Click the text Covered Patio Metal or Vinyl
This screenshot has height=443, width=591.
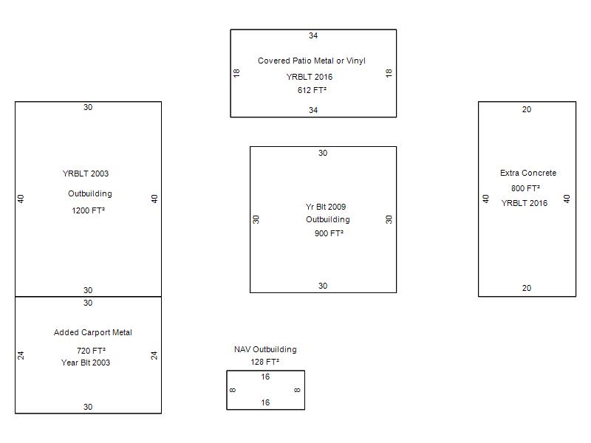click(311, 61)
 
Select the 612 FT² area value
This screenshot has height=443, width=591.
click(312, 90)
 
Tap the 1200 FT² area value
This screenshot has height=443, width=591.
click(88, 210)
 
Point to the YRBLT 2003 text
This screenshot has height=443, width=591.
click(86, 174)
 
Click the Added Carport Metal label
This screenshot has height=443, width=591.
click(93, 332)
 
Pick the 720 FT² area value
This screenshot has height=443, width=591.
click(91, 351)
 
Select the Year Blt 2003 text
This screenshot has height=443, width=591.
click(86, 363)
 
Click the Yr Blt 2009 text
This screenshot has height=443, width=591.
click(326, 207)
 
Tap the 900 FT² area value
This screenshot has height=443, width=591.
click(329, 233)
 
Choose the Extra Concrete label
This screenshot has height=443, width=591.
click(528, 173)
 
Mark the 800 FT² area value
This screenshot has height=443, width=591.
click(525, 188)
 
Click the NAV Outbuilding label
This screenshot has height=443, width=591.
click(265, 349)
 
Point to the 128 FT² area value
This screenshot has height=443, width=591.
click(265, 362)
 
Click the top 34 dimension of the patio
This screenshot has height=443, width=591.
click(313, 35)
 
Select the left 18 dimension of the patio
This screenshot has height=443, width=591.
click(236, 73)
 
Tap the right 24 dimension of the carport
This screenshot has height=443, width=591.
click(154, 355)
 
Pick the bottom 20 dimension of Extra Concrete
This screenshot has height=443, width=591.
click(527, 288)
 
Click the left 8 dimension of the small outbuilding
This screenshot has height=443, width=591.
click(233, 390)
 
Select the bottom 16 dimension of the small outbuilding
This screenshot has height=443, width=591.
click(265, 402)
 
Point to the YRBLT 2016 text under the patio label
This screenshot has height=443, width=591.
click(309, 77)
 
